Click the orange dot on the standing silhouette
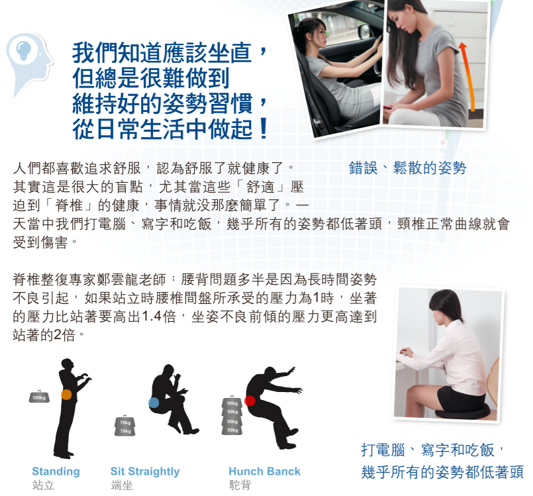pyautogui.click(x=66, y=394)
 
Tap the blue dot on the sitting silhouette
pyautogui.click(x=154, y=403)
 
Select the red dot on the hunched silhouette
pyautogui.click(x=250, y=401)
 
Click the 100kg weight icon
pyautogui.click(x=39, y=397)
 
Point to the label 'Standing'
pyautogui.click(x=56, y=471)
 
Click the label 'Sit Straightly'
pyautogui.click(x=145, y=471)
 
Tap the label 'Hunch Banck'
pyautogui.click(x=264, y=471)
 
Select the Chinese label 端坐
pyautogui.click(x=122, y=485)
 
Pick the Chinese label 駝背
pyautogui.click(x=240, y=485)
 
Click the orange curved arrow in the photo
pyautogui.click(x=466, y=73)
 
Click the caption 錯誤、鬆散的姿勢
pyautogui.click(x=407, y=168)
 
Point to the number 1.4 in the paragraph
pyautogui.click(x=152, y=316)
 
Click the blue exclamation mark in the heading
pyautogui.click(x=264, y=128)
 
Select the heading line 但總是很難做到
pyautogui.click(x=151, y=79)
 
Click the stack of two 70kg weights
pyautogui.click(x=124, y=426)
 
